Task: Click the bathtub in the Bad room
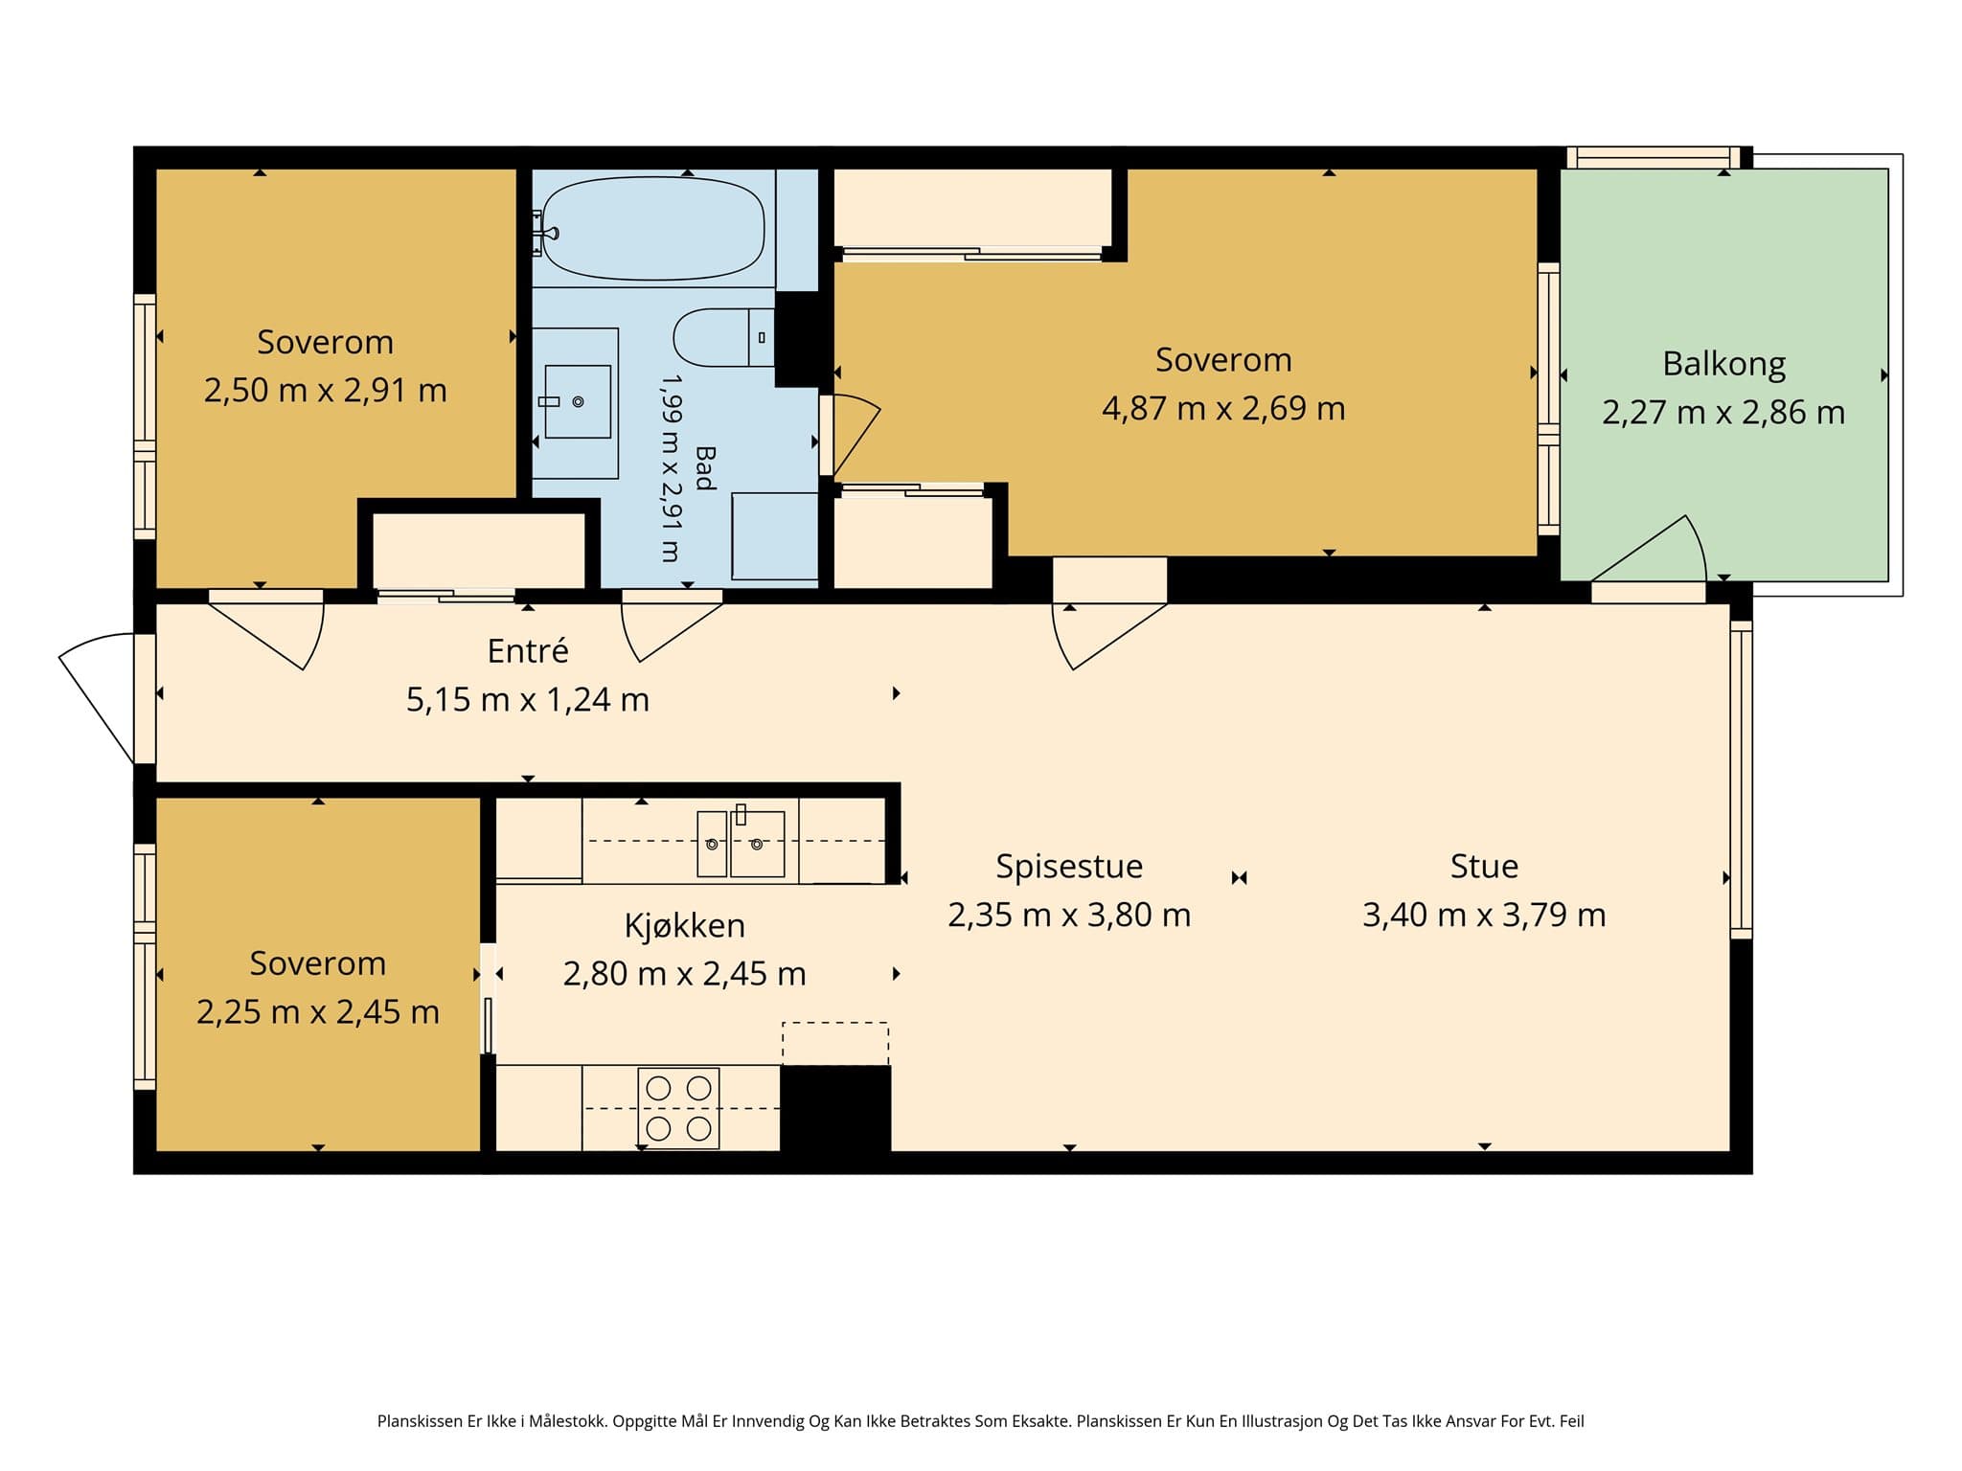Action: (653, 229)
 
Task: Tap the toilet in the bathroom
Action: (724, 337)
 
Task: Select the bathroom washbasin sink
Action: (578, 402)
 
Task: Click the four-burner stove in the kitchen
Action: (678, 1107)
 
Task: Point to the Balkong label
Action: (1723, 364)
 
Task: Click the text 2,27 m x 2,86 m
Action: (1723, 413)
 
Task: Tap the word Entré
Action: (528, 651)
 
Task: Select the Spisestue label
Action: (1069, 867)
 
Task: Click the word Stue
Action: (1484, 866)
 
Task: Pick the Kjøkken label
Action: (684, 926)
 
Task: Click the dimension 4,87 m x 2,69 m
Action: (1223, 409)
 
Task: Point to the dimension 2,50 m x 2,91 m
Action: (325, 391)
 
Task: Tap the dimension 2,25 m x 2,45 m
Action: (317, 1012)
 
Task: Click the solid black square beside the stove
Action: (835, 1108)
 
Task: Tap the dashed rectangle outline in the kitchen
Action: (835, 1044)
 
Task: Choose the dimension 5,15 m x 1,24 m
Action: (528, 700)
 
